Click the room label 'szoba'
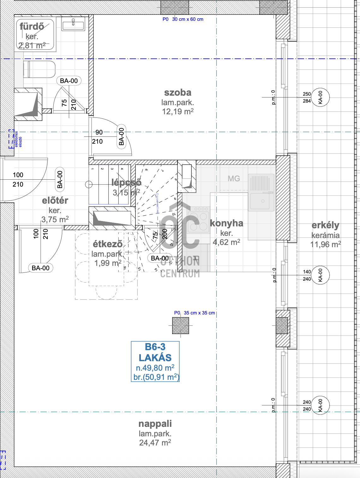pyautogui.click(x=178, y=93)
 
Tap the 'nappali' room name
pyautogui.click(x=155, y=424)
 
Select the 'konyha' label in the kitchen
pyautogui.click(x=226, y=223)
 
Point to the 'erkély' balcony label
pyautogui.click(x=325, y=225)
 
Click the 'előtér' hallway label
pyautogui.click(x=55, y=200)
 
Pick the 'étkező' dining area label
pyautogui.click(x=107, y=244)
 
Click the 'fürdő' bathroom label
pyautogui.click(x=32, y=27)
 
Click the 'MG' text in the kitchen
pyautogui.click(x=234, y=179)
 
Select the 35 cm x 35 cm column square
pyautogui.click(x=181, y=326)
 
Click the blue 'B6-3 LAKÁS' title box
pyautogui.click(x=155, y=361)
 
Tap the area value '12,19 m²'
pyautogui.click(x=178, y=111)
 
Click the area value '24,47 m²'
pyautogui.click(x=155, y=443)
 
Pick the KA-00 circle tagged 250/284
pyautogui.click(x=321, y=97)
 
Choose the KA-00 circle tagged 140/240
pyautogui.click(x=321, y=275)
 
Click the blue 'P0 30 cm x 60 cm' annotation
pyautogui.click(x=183, y=19)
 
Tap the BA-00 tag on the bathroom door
pyautogui.click(x=69, y=81)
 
